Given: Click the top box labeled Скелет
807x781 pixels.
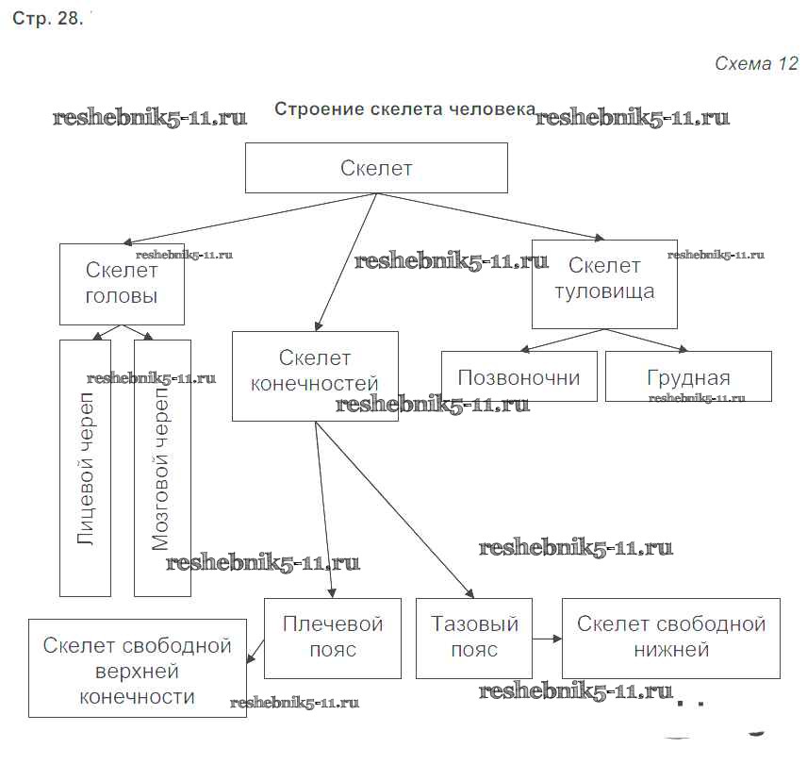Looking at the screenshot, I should [x=376, y=168].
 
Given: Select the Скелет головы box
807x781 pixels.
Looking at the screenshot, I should [x=121, y=284].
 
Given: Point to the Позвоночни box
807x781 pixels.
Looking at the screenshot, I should [x=519, y=377].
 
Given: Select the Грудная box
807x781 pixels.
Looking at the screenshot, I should [x=687, y=377].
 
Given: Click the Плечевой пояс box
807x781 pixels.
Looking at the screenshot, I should [x=334, y=638].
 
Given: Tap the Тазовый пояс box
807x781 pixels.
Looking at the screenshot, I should [x=473, y=638].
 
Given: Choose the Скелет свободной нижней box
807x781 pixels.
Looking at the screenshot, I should [x=670, y=638].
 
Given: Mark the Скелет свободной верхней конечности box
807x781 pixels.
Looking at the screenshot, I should [x=138, y=672].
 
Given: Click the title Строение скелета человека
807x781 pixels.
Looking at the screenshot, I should [x=404, y=109].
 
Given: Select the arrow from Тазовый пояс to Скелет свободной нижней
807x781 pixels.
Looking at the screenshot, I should [x=547, y=639].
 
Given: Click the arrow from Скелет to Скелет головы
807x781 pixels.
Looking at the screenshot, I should [x=245, y=219].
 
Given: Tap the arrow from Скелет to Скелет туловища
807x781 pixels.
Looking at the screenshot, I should [x=490, y=216].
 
